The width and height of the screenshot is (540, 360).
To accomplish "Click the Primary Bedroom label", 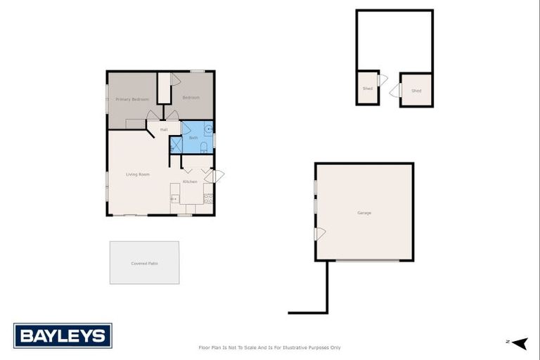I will [132, 99].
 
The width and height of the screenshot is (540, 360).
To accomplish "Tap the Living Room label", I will [138, 174].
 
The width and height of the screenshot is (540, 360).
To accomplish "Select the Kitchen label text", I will [190, 182].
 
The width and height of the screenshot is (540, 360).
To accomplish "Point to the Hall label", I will [164, 129].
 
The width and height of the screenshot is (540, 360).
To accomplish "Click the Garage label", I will [364, 212].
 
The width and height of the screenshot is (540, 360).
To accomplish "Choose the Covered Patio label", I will [144, 264].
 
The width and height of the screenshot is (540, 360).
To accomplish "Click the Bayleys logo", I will [63, 335].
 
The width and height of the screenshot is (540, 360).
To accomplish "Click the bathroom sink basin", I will [208, 129].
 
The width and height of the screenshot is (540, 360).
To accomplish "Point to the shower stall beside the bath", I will [176, 145].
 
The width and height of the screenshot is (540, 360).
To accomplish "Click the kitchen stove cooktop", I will [208, 198].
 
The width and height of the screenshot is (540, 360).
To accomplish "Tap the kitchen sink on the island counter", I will [174, 199].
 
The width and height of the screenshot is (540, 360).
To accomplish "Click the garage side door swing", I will [320, 234].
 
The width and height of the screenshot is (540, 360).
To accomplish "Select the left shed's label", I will [367, 89].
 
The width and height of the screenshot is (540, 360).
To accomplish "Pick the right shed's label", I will [416, 91].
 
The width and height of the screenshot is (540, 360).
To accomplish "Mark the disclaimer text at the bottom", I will [270, 347].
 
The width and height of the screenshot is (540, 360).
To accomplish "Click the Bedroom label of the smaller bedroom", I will [191, 97].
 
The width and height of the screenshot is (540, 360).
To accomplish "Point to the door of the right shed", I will [396, 90].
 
